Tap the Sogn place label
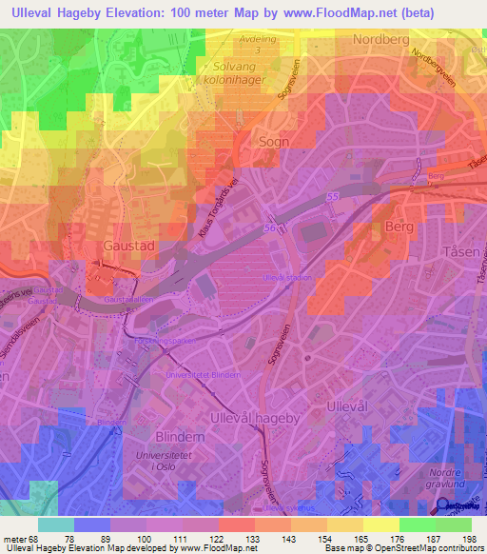pyautogui.click(x=274, y=140)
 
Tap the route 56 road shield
pyautogui.click(x=270, y=229)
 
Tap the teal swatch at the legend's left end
pyautogui.click(x=56, y=524)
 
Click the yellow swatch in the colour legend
pyautogui.click(x=381, y=524)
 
